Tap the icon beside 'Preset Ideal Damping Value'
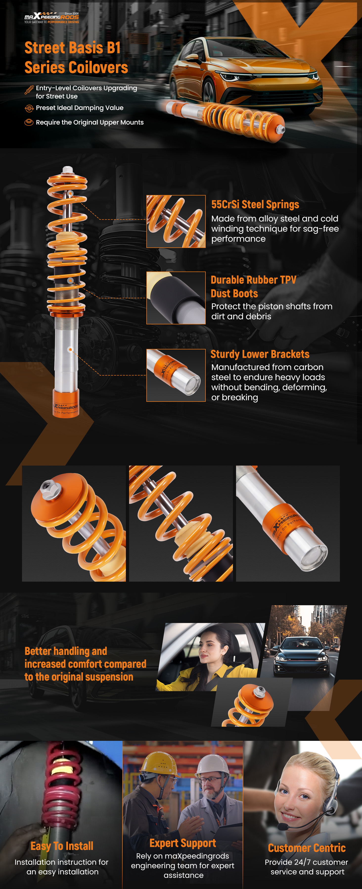coord(29,108)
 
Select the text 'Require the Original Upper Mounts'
coord(90,122)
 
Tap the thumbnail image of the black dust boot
coord(176,298)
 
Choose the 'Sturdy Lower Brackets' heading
coord(260,354)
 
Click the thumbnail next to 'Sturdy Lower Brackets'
coord(176,375)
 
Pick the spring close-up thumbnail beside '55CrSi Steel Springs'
coord(176,221)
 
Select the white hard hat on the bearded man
coord(212,764)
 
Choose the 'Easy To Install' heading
coord(62,846)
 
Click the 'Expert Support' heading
coord(183,843)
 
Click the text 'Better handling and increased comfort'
coord(85,657)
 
